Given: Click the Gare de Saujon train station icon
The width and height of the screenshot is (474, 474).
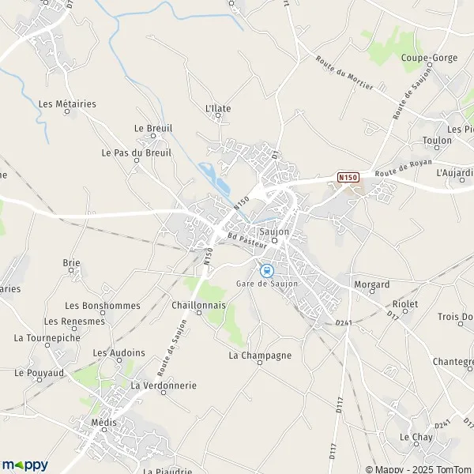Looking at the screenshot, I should [266, 270].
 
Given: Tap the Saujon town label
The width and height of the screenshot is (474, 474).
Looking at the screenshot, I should [274, 231].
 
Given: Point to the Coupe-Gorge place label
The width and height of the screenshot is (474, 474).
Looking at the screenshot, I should [425, 58].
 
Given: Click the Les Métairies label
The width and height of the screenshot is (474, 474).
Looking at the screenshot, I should [66, 103].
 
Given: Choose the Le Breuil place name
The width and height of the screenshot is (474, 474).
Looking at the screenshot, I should [153, 128].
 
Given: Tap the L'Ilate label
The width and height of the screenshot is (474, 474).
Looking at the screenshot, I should [217, 108].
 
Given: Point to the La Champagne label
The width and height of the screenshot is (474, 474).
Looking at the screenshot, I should [260, 355].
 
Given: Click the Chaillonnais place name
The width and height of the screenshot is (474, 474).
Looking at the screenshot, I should [198, 304].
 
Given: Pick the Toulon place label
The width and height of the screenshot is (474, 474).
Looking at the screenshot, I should [437, 140].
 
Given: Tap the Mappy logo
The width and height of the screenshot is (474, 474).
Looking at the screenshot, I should [25, 465].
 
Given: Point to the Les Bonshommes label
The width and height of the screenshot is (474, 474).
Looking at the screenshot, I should [103, 306].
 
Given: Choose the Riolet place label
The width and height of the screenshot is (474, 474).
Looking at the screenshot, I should [404, 304].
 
